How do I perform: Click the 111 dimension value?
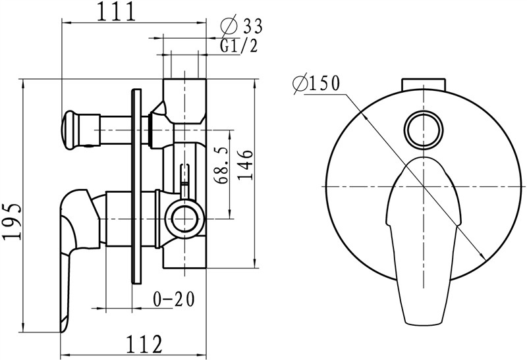click(x=117, y=13)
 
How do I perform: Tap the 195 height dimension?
click(x=12, y=221)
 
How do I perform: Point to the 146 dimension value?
click(x=246, y=165)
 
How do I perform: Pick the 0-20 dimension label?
click(x=174, y=299)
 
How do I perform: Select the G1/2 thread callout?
click(x=239, y=46)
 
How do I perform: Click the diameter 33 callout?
click(x=242, y=25)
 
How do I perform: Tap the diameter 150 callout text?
click(x=317, y=84)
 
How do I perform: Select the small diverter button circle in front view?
click(x=424, y=129)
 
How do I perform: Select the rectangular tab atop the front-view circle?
click(x=424, y=84)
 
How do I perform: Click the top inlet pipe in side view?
click(x=184, y=101)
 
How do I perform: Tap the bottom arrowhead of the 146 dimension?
click(x=255, y=263)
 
